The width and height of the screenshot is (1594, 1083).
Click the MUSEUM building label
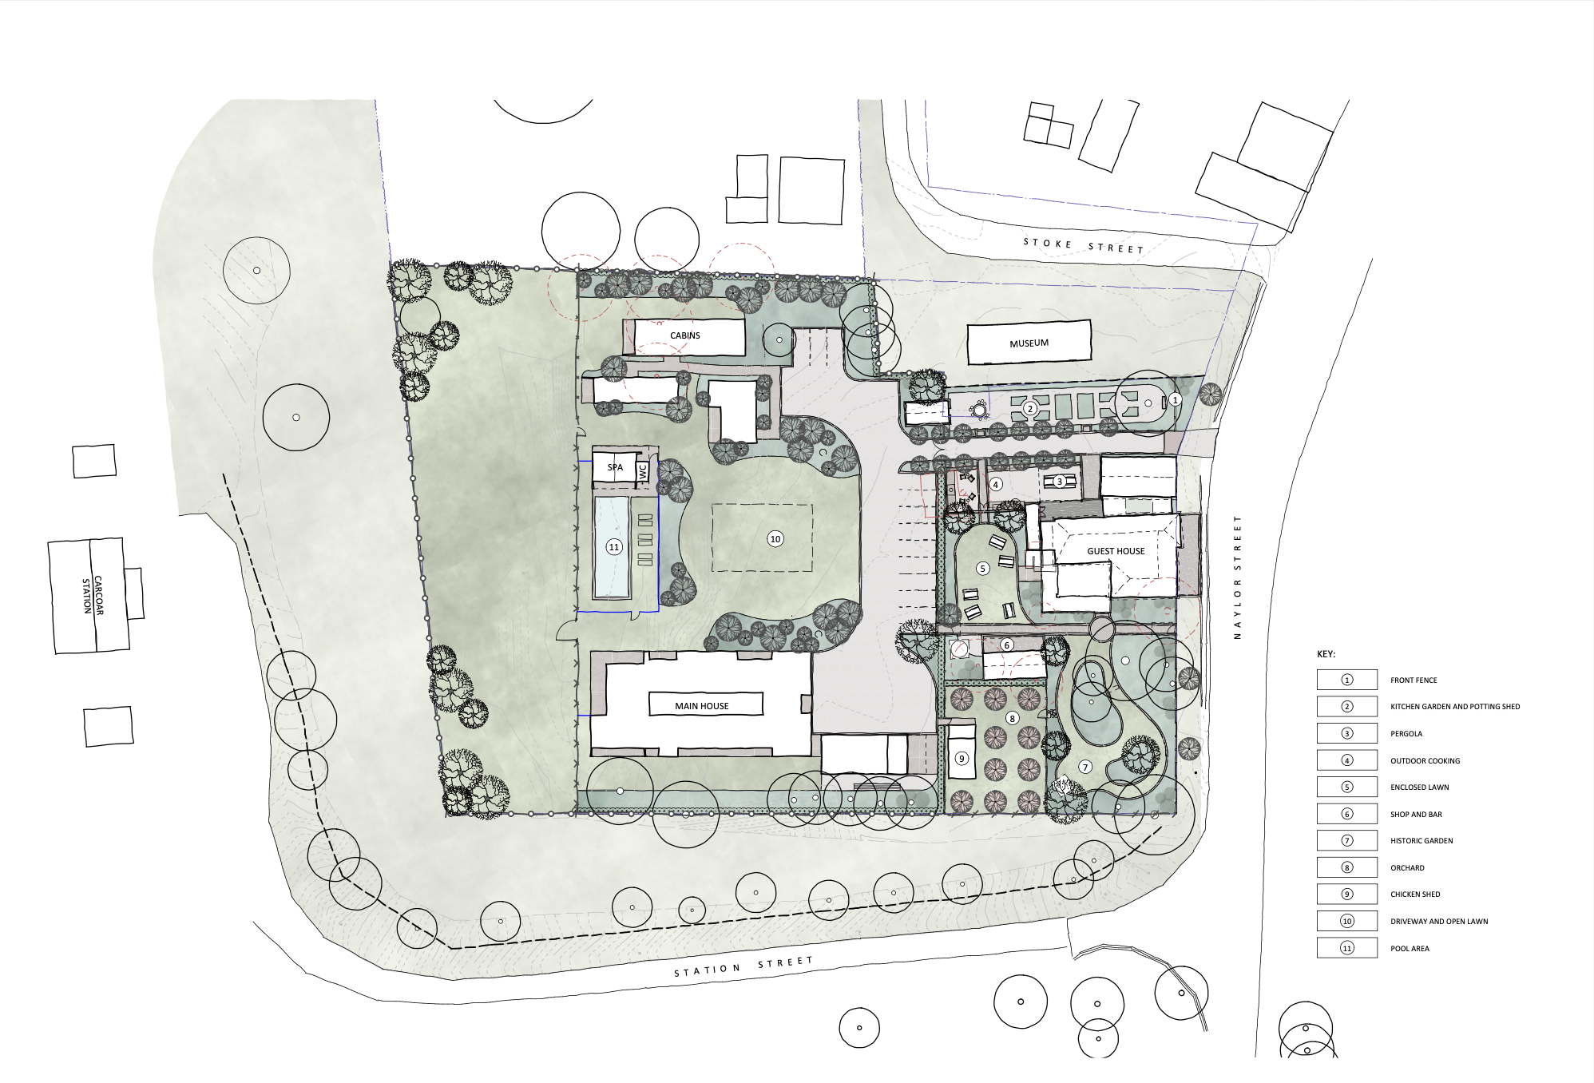[1029, 343]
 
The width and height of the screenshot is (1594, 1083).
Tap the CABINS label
[685, 335]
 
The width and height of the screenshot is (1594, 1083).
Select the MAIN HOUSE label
[702, 706]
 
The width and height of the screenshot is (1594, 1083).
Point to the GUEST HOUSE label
[1116, 551]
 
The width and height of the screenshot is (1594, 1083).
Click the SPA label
[615, 467]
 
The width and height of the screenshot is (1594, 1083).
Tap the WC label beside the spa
[643, 471]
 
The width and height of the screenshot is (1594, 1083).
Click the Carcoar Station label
[93, 595]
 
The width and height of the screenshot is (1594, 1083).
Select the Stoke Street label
[1084, 246]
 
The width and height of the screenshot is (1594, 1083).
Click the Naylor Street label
[1238, 577]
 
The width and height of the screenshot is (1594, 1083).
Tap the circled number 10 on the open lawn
[775, 539]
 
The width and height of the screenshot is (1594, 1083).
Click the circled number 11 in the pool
[613, 547]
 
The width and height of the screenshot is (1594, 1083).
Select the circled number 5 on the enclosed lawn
[983, 569]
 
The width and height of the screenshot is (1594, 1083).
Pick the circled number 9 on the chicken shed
[962, 759]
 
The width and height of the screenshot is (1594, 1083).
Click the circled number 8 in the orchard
[1012, 718]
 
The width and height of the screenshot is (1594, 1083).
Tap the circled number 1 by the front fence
[1175, 399]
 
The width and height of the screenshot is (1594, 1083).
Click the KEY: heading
[1326, 654]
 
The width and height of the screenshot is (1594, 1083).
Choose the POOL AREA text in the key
[1410, 949]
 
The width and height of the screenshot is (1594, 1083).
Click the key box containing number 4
[1347, 760]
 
